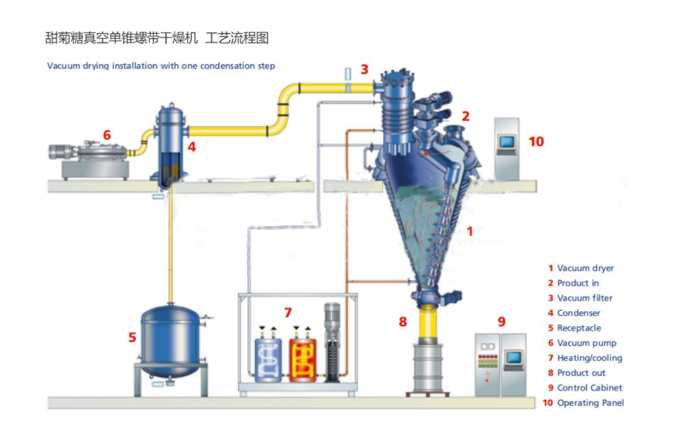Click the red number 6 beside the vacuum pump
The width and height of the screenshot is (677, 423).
click(107, 135)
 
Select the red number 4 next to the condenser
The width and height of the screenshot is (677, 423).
click(192, 148)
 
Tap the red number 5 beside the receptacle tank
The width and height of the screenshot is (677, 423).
click(132, 338)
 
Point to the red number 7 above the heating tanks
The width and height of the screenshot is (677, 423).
click(287, 312)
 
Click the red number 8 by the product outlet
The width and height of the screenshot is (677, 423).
click(403, 322)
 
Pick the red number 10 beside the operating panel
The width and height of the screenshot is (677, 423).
click(536, 142)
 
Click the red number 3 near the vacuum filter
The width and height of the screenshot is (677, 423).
click(364, 69)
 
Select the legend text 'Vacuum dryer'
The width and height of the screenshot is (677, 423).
click(585, 268)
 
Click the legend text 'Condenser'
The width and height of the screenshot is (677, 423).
click(578, 313)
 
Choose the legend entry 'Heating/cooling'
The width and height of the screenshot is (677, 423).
click(590, 358)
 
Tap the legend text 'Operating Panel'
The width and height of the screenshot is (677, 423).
click(590, 403)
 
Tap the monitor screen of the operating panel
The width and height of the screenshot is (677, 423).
click(506, 142)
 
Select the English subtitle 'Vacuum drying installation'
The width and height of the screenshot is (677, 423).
click(161, 66)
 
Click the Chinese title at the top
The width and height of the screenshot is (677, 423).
click(157, 38)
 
